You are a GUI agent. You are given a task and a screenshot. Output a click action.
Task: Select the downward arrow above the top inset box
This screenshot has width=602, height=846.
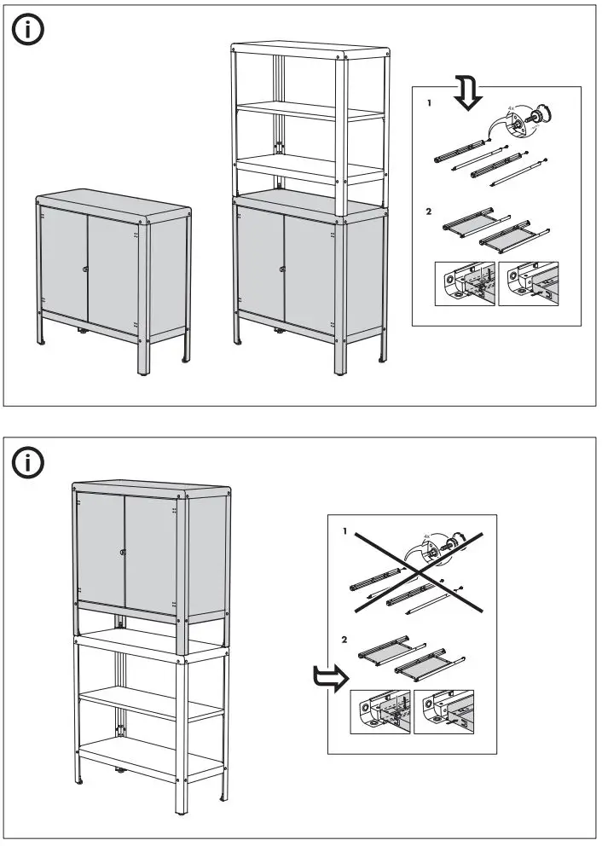point(467,91)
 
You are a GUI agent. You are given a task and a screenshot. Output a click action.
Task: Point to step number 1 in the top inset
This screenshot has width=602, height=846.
point(430,102)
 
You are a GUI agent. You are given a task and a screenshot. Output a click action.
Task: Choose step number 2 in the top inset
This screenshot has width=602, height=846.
point(430,210)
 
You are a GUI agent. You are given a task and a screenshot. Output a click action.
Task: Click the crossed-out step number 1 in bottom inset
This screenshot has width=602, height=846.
point(344,530)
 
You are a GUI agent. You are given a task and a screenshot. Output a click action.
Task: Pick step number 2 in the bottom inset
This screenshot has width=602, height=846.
point(344,638)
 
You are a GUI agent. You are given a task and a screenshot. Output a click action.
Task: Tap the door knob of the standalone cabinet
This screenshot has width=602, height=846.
point(86,269)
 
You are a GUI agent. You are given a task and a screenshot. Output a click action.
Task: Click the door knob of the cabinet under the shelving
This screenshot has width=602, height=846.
point(282,269)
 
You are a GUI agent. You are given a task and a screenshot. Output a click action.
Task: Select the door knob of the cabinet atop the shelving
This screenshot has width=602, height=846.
point(124,552)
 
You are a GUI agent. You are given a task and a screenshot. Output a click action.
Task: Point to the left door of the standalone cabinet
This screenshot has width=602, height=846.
point(63,263)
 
